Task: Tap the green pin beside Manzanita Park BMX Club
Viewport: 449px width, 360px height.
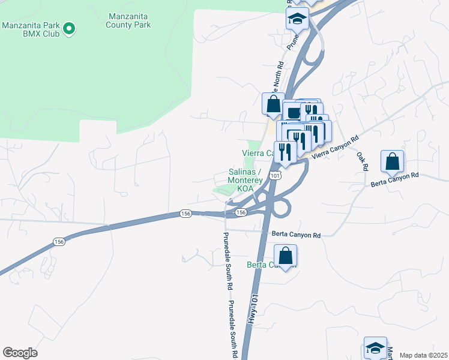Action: point(69,28)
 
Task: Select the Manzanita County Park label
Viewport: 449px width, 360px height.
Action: point(128,20)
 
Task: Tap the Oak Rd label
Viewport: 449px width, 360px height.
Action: point(361,160)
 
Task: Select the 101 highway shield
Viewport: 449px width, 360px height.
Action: point(274,175)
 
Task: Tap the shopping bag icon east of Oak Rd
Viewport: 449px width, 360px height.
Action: point(392,161)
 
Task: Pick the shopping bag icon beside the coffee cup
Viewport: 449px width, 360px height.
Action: point(273,104)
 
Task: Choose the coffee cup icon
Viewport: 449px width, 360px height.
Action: point(294,112)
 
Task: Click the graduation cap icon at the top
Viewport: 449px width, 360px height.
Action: point(297,19)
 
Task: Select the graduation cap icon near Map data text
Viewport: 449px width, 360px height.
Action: point(375,347)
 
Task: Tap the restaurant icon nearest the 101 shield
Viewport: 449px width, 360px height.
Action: point(285,152)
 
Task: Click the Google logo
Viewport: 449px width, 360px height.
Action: point(20,353)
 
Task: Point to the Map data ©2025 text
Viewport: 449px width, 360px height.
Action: point(423,355)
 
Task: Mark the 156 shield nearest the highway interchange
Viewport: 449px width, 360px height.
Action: point(241,213)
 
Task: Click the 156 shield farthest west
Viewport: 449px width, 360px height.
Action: point(59,241)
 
